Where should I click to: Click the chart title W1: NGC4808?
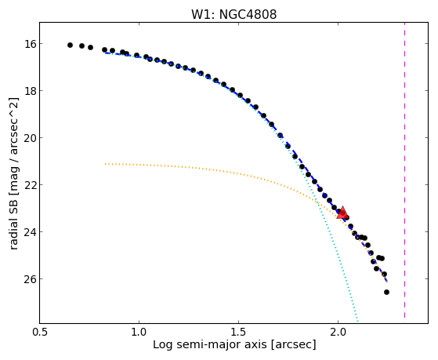tap(233, 15)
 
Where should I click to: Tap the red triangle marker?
tap(342, 213)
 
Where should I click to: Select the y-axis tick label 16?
tap(29, 44)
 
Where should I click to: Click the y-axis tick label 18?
tap(29, 91)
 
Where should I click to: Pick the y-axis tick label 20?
tap(29, 138)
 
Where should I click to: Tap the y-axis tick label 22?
tap(29, 185)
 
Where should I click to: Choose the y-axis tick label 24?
tap(29, 232)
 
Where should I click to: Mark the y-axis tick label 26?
tap(29, 279)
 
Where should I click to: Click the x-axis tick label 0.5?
tap(40, 332)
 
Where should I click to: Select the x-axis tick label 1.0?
tap(139, 332)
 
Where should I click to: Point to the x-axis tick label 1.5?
tap(238, 332)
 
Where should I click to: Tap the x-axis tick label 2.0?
tap(338, 332)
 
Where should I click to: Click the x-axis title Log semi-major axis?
tap(210, 344)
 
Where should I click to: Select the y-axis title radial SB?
tap(14, 223)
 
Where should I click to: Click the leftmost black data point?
tap(70, 45)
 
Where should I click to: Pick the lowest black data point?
tap(386, 292)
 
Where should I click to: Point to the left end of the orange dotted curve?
tap(106, 164)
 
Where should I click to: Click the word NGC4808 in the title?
tap(248, 15)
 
